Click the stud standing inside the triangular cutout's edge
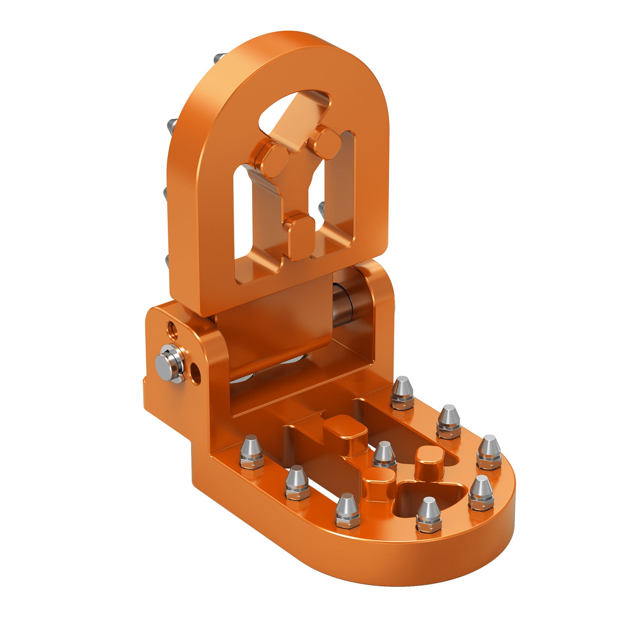click(428, 514)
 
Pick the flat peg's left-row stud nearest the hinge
click(252, 451)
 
